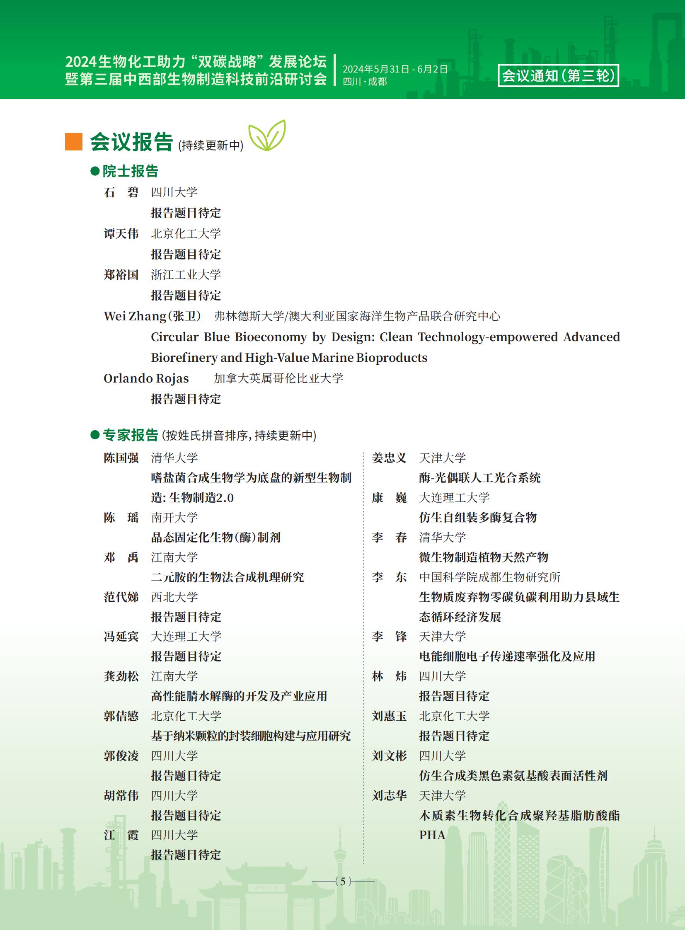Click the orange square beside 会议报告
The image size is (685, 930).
tap(74, 142)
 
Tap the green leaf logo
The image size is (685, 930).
tap(267, 135)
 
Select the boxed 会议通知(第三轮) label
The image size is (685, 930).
tap(558, 75)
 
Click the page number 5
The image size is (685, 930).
tap(343, 881)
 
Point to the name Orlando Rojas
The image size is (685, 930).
tap(146, 378)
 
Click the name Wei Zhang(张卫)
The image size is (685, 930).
tap(152, 316)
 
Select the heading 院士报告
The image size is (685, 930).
tap(130, 171)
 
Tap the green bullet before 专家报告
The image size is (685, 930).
tap(95, 434)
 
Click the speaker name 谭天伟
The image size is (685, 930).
tap(121, 233)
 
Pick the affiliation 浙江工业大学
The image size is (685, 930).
tap(186, 274)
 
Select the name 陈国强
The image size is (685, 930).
tap(121, 458)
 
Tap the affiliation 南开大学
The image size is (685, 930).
tap(174, 518)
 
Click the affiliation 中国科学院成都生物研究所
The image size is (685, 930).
tap(489, 577)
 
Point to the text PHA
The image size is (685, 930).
tap(432, 835)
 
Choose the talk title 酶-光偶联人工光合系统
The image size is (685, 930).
tap(480, 478)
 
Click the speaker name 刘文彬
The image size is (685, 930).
tap(389, 756)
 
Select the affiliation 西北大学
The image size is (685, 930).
tap(174, 597)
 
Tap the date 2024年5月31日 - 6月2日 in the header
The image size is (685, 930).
tap(395, 69)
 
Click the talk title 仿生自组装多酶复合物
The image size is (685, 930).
tap(478, 518)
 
